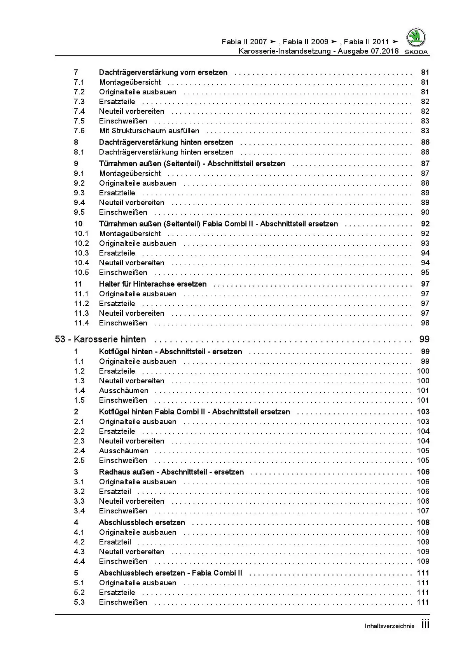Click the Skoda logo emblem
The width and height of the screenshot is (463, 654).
tap(416, 38)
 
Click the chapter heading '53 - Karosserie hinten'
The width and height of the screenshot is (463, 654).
tap(100, 339)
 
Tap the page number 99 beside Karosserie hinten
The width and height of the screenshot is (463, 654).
tap(424, 339)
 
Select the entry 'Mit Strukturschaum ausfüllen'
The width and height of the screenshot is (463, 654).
tap(149, 131)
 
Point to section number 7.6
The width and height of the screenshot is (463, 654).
tap(79, 131)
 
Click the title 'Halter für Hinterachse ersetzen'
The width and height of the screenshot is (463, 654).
tap(153, 284)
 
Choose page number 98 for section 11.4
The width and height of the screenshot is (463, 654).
tap(425, 323)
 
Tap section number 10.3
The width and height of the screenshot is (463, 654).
tap(81, 253)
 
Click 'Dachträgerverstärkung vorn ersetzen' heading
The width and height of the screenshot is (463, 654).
tap(163, 73)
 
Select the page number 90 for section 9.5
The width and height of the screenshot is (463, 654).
tap(425, 212)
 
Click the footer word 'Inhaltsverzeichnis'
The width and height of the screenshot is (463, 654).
tap(389, 626)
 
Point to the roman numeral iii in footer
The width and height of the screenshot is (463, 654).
tap(425, 625)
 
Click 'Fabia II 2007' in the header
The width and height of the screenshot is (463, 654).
tap(244, 42)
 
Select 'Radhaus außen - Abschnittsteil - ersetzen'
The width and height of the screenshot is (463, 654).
tap(171, 472)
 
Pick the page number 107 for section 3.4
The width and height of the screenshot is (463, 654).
tap(423, 511)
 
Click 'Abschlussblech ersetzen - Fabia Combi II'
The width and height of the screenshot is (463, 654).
tap(170, 573)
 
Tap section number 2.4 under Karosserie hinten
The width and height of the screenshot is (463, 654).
tap(79, 451)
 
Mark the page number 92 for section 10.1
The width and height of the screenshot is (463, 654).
tap(425, 234)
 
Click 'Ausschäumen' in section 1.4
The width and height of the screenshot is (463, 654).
tap(124, 391)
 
